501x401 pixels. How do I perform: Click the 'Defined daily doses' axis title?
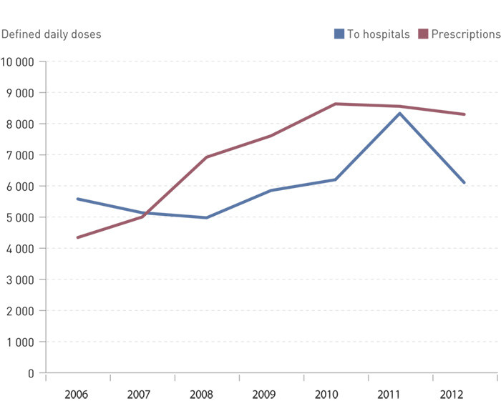tap(52, 34)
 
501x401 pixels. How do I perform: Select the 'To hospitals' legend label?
tap(378, 34)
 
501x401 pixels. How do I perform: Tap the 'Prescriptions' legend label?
tap(465, 34)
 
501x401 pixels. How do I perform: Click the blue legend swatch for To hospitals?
tap(339, 34)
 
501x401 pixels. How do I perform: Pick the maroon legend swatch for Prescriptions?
tap(423, 34)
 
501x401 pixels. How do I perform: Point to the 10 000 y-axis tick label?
tap(18, 61)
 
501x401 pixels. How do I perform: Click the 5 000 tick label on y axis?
tap(20, 217)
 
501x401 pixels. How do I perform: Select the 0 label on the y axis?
tap(31, 373)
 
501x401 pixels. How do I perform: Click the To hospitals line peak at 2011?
tap(400, 113)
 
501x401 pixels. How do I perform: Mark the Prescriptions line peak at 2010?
tap(336, 104)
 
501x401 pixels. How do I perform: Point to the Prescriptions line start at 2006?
tap(78, 237)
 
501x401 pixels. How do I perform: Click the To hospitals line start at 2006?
tap(78, 199)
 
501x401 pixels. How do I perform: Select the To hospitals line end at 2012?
tap(464, 183)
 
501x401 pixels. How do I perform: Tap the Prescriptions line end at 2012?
tap(464, 114)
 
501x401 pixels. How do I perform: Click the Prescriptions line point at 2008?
tap(207, 157)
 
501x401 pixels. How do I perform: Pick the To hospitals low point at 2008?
tap(207, 217)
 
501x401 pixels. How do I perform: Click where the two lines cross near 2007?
tap(145, 214)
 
